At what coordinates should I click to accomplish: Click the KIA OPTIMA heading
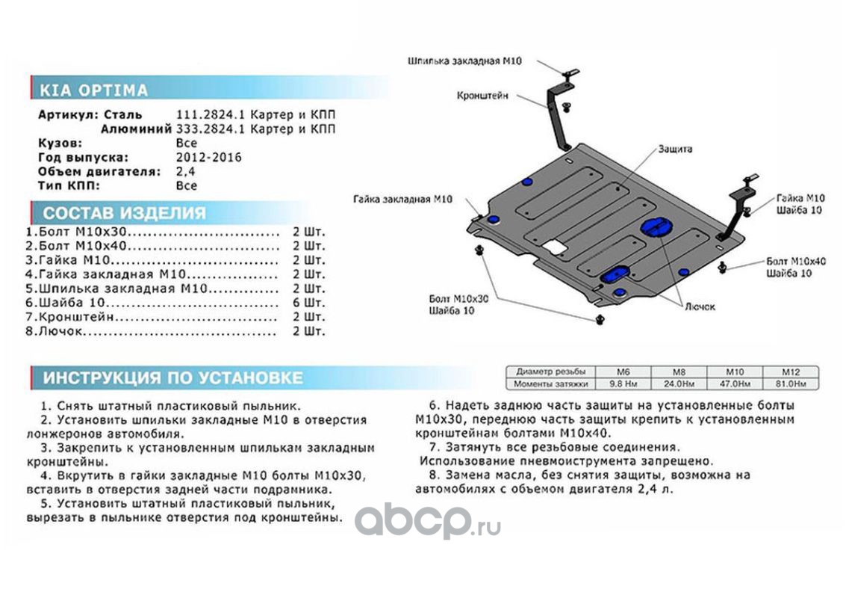coord(93,90)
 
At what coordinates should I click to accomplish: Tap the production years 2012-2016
coord(209,158)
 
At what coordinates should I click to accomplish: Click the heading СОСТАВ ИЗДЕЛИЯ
coord(125,213)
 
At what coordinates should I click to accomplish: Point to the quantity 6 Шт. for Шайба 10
coord(309,303)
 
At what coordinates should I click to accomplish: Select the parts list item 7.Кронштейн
coord(69,317)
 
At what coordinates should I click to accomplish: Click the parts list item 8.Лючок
coord(55,331)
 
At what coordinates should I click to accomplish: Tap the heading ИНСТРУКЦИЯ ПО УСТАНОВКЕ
coord(172,377)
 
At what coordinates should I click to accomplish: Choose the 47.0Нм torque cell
coord(735,384)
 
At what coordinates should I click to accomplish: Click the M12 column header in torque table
coord(791,372)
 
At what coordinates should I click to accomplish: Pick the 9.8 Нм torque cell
coord(623,384)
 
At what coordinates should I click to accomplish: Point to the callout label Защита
coord(675,149)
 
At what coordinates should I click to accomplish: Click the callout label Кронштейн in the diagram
coord(482,96)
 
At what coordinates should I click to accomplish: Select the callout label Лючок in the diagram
coord(700,306)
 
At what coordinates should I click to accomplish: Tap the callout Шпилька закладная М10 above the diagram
coord(464,61)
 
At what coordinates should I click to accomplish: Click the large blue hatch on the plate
coord(654,227)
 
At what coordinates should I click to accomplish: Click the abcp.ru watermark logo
coord(427,521)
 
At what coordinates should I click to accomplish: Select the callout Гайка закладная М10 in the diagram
coord(403,200)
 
